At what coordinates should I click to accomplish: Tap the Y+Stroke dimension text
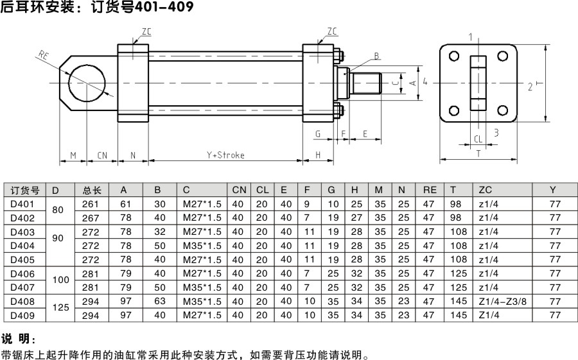(225, 155)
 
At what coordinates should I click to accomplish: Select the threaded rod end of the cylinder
(368, 82)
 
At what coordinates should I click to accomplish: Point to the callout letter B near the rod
(377, 56)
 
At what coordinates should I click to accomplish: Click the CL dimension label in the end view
(478, 139)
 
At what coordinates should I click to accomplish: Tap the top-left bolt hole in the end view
(454, 56)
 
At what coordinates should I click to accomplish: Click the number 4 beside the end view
(425, 81)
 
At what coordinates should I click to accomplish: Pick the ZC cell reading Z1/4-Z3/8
(502, 301)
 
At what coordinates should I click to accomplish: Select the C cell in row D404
(202, 246)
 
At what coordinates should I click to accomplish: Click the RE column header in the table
(430, 190)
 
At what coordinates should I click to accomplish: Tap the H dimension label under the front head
(318, 155)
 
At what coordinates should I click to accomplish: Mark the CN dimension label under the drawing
(103, 155)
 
